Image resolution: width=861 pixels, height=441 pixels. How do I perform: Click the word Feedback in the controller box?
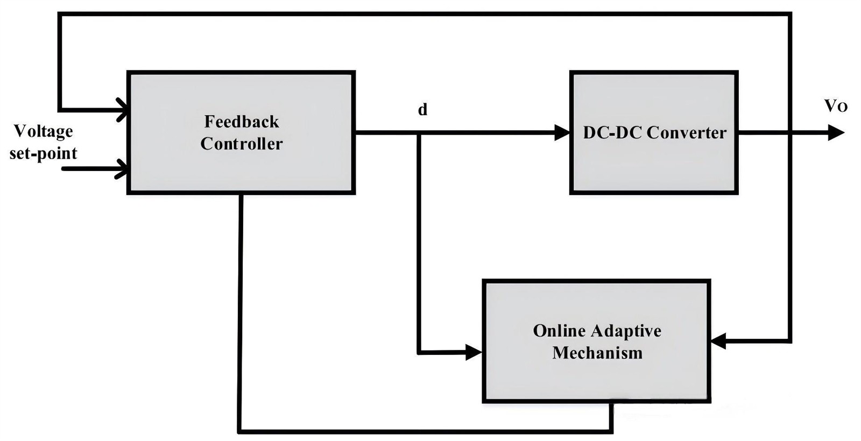coord(242,122)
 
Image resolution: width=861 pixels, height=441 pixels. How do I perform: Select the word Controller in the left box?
coord(242,144)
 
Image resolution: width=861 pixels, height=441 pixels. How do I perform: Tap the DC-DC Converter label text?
coord(654,133)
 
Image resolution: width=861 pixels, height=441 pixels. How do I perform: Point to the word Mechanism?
coord(597,353)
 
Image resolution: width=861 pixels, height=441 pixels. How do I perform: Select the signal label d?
coord(423,110)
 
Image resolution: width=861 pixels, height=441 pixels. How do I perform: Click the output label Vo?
coord(836,106)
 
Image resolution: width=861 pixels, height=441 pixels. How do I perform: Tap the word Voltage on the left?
coord(43,131)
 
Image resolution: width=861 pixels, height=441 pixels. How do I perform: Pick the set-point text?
coord(43,153)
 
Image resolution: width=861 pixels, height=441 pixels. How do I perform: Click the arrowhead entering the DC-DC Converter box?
coord(562,132)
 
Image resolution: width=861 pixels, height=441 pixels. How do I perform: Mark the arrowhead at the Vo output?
coord(836,132)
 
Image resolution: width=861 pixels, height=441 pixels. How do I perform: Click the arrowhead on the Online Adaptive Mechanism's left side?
coord(474,352)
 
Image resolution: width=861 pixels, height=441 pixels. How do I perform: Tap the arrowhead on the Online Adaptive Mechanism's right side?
coord(718,340)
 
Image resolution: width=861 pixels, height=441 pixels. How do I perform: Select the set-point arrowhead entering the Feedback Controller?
coord(122,169)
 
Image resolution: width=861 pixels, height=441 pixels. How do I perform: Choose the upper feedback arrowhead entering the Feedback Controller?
coord(122,110)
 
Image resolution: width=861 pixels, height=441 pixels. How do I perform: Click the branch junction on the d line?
coord(419,133)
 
